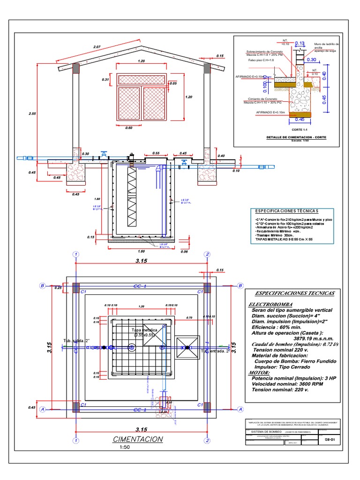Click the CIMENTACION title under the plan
coord(138,439)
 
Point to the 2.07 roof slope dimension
coord(97,47)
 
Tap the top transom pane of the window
coord(142,80)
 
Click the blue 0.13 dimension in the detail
coord(300,44)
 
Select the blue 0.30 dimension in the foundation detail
coord(311,60)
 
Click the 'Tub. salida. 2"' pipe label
coord(76,341)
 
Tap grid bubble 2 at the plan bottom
coord(207,440)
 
